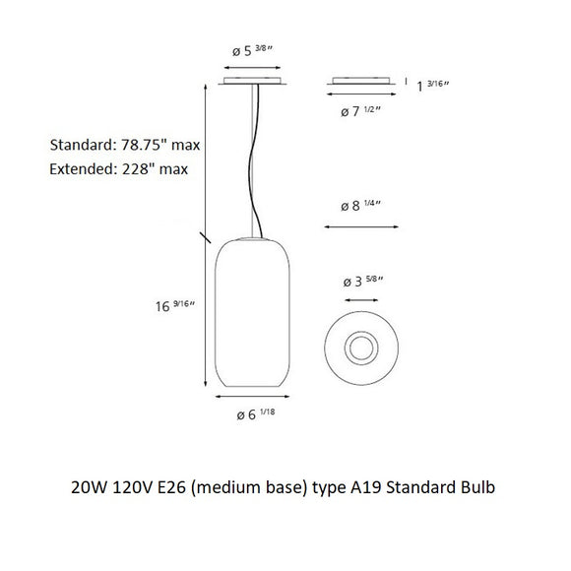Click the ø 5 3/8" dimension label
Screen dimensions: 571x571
(252, 50)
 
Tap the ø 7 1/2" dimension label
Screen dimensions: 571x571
(360, 110)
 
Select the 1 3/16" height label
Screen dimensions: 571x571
(432, 86)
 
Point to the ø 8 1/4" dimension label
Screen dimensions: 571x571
(360, 205)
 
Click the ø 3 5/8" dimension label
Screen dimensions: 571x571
(363, 281)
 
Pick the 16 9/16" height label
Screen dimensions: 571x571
(175, 305)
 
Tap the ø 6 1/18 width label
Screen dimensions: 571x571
(256, 414)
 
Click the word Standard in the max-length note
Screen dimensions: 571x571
(83, 145)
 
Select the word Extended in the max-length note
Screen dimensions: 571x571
(83, 169)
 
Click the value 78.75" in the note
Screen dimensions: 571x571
(141, 145)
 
